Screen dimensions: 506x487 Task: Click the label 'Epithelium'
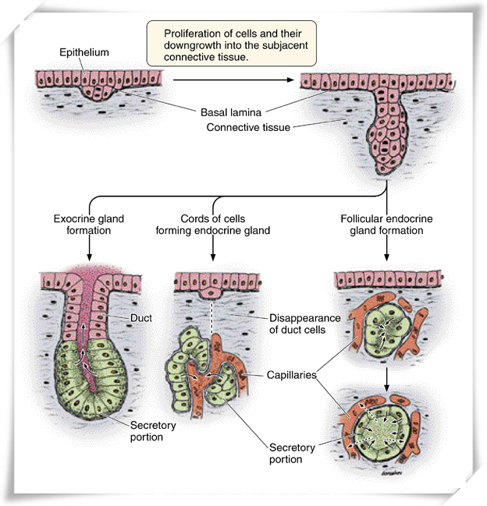click(x=84, y=52)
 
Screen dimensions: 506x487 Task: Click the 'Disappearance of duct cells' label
click(x=307, y=324)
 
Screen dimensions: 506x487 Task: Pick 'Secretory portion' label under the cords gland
click(x=291, y=453)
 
